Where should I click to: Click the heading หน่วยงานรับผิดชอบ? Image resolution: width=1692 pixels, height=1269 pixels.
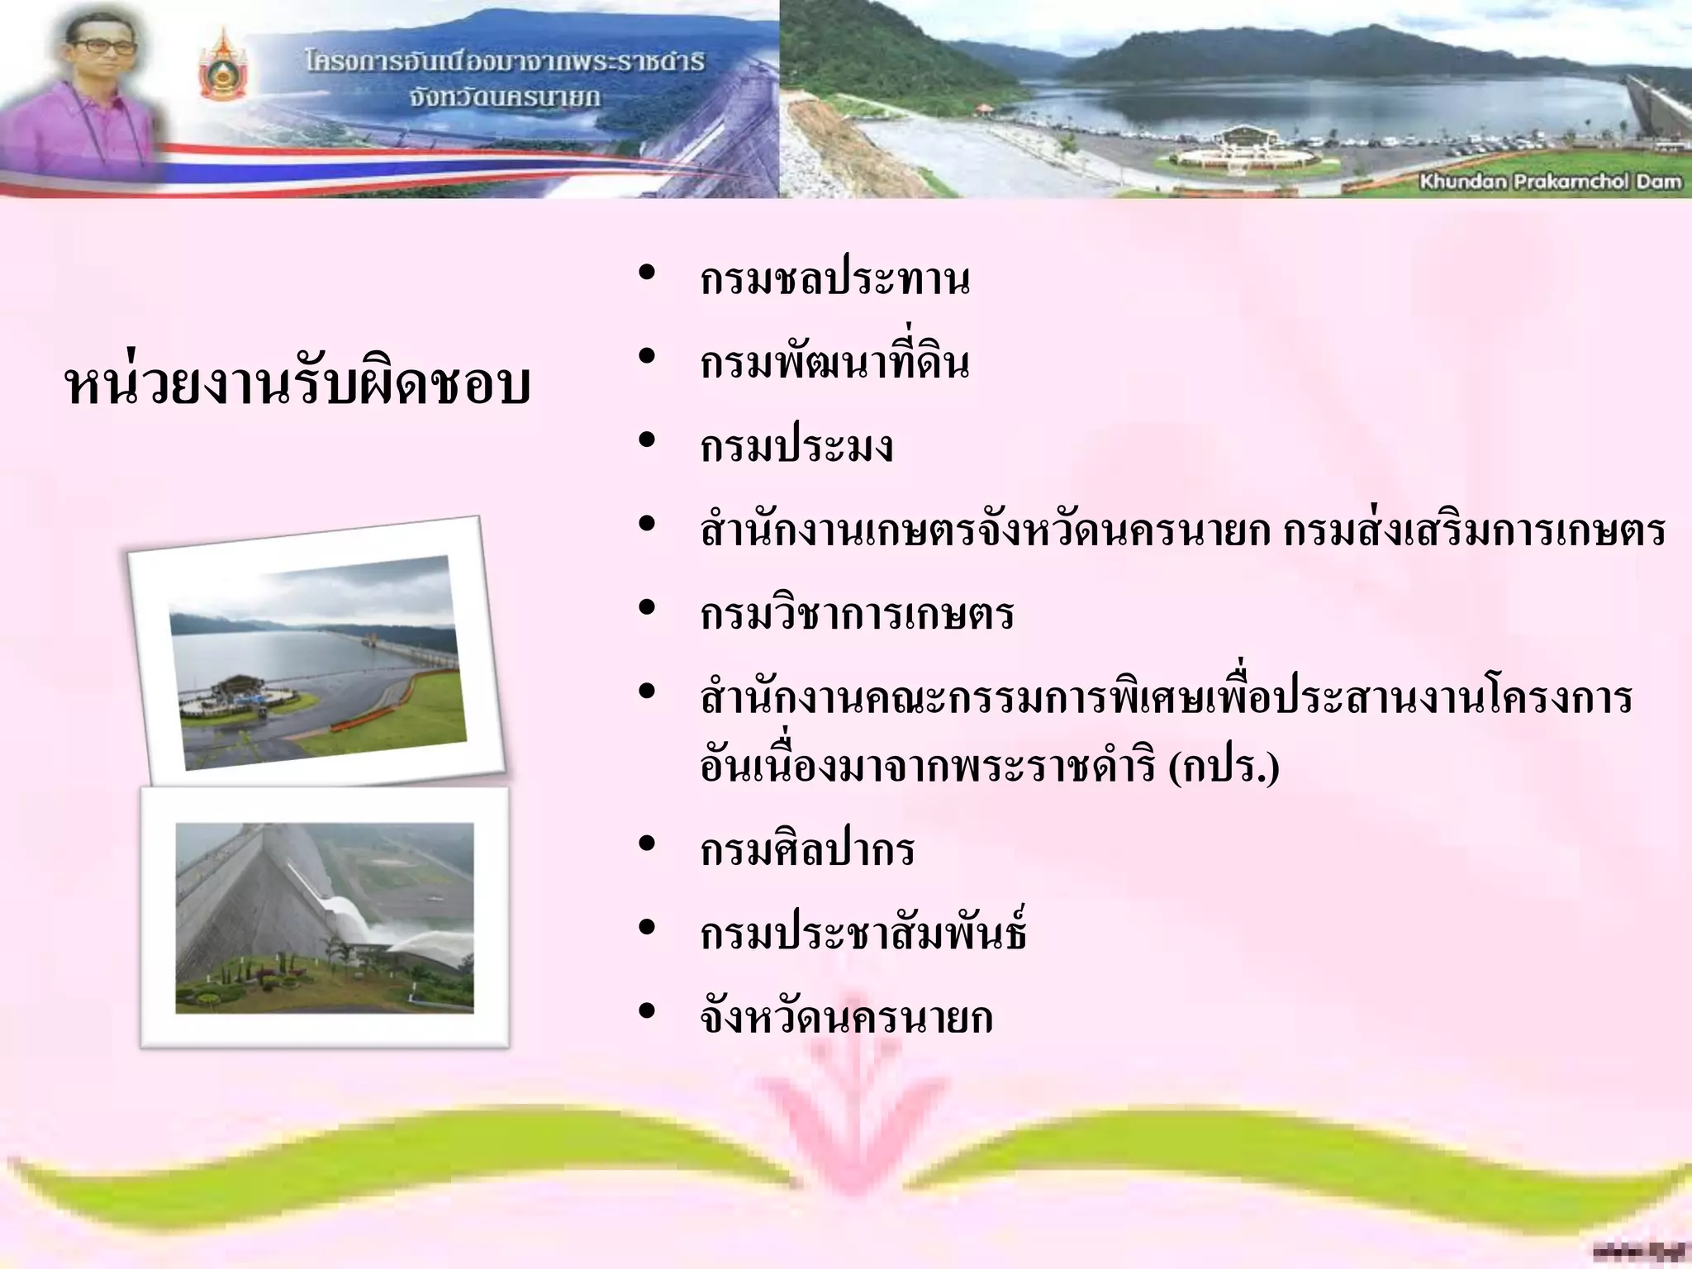tap(297, 385)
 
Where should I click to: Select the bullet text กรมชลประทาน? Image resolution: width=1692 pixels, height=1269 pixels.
tap(834, 279)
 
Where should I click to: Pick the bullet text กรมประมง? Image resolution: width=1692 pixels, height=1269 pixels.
tap(796, 447)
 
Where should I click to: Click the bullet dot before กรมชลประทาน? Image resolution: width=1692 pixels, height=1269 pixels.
tap(647, 272)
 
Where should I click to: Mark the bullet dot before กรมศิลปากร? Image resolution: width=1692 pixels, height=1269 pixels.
tap(647, 844)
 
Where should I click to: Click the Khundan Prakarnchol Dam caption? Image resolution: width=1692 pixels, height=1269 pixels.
tap(1550, 182)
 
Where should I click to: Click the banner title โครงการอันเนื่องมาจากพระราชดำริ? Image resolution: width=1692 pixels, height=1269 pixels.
tap(504, 63)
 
